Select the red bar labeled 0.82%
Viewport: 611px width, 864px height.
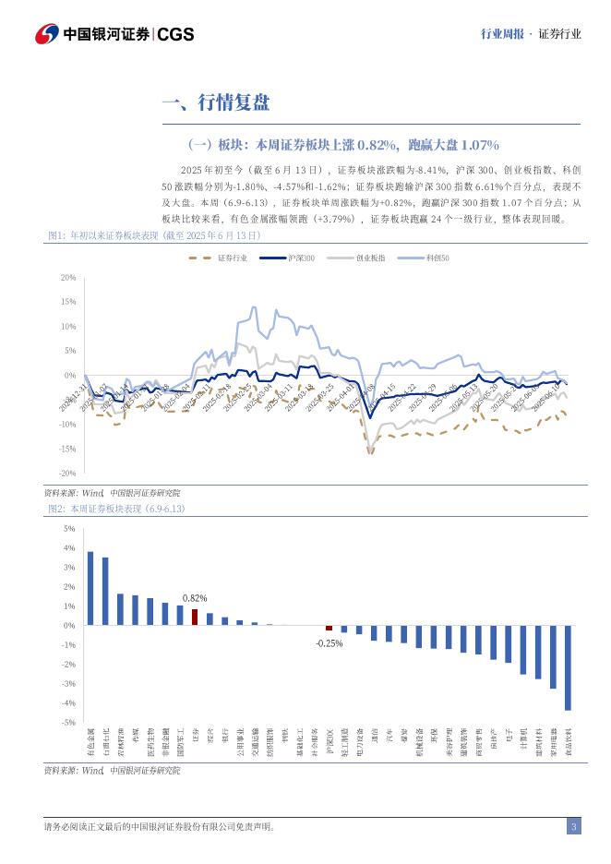tap(195, 617)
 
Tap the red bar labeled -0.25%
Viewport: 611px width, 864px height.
tap(329, 629)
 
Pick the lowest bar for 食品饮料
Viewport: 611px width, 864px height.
tap(568, 667)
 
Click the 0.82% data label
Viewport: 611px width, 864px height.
tap(195, 598)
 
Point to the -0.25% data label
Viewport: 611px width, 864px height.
tap(329, 643)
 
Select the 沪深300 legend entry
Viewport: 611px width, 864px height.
tap(291, 258)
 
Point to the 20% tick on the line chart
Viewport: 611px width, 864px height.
tap(67, 277)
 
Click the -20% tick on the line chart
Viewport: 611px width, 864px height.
tap(66, 474)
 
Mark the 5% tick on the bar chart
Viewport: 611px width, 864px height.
tap(69, 529)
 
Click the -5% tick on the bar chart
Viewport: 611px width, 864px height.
tap(68, 722)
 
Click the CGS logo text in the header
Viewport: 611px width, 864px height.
tap(175, 34)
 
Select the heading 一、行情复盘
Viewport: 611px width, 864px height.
tap(215, 103)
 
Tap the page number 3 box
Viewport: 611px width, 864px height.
tap(573, 826)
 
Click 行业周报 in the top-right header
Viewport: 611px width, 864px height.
tap(502, 34)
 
